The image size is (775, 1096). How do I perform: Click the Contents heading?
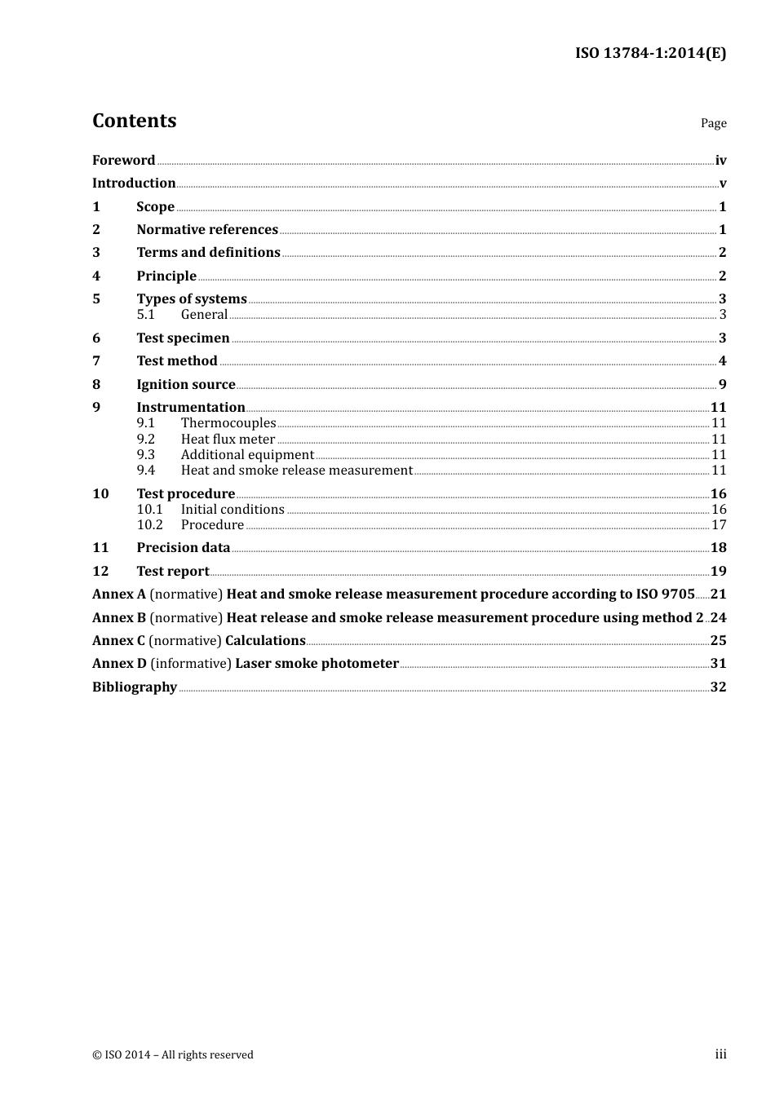[x=134, y=121]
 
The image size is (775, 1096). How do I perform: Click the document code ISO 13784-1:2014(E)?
[x=650, y=53]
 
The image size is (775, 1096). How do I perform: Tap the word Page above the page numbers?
[x=713, y=123]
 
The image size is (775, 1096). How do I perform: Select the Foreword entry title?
[x=123, y=161]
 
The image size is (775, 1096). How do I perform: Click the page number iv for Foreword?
[x=720, y=161]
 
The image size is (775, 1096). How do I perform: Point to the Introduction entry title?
[x=134, y=183]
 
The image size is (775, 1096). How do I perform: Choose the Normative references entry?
[x=207, y=230]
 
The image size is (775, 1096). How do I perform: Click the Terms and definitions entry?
[x=208, y=253]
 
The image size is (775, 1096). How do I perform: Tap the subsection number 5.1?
[x=146, y=315]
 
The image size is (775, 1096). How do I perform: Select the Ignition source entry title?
[x=185, y=385]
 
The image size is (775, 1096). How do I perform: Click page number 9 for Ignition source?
[x=722, y=385]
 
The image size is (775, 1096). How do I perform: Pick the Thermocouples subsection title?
[x=228, y=423]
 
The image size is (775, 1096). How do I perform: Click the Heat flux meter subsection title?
[x=228, y=440]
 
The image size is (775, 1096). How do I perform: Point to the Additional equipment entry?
[x=247, y=455]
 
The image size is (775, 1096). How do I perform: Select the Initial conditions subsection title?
[x=232, y=510]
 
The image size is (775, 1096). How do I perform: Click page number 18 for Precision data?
[x=718, y=548]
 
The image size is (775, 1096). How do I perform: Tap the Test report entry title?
[x=173, y=572]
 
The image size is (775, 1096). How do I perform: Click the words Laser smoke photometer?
[x=317, y=664]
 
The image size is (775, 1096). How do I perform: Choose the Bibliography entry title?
[x=135, y=687]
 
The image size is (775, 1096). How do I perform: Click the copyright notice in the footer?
[x=173, y=1055]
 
